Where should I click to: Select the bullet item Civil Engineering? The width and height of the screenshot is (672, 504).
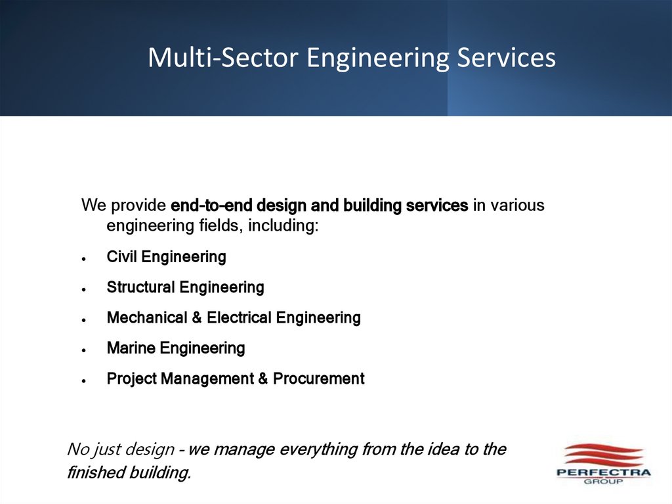tap(166, 257)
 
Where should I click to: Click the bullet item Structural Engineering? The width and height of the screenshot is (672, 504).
tap(185, 287)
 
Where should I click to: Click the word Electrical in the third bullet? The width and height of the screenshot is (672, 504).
tap(238, 318)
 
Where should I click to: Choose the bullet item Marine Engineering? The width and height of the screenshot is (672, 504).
tap(175, 348)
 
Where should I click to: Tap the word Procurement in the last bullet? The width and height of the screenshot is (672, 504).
tap(318, 378)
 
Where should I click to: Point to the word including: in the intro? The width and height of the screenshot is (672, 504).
tap(283, 227)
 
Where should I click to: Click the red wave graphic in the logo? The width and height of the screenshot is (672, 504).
tap(602, 454)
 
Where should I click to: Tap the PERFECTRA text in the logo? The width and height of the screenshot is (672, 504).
tap(603, 472)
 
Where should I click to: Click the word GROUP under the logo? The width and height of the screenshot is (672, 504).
tap(603, 481)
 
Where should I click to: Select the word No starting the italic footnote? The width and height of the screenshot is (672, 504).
tap(76, 449)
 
